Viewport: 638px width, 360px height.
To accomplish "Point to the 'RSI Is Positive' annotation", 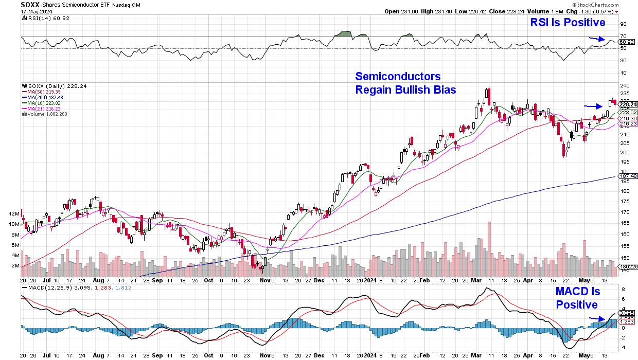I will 568,23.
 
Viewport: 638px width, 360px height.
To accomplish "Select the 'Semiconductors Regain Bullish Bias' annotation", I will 398,83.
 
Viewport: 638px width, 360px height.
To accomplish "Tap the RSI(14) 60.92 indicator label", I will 42,17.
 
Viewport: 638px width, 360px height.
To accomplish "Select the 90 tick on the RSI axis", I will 622,24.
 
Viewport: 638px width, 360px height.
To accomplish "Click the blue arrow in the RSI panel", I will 596,38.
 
